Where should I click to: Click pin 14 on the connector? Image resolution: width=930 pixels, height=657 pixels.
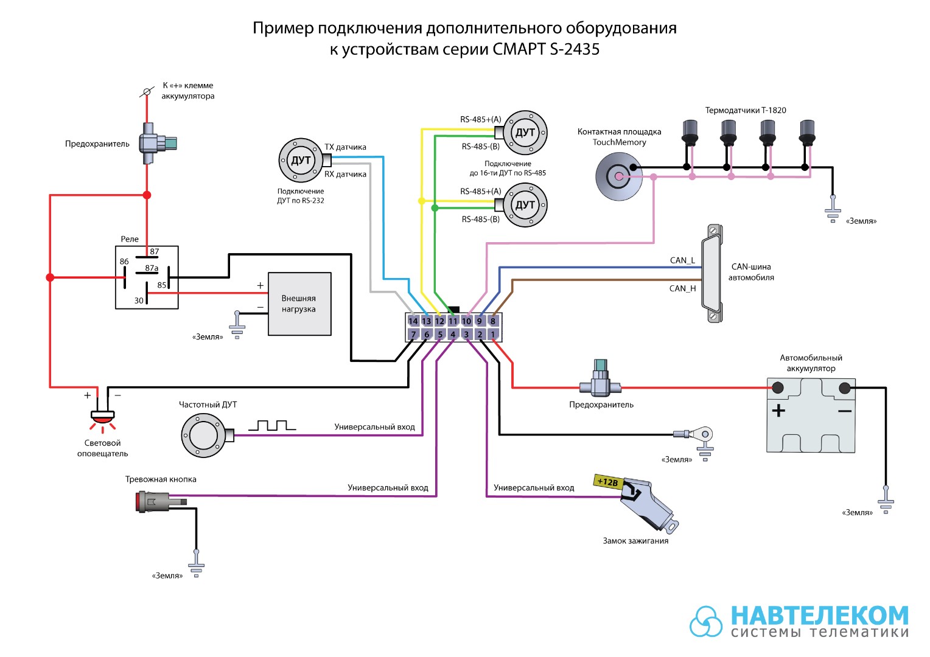[413, 321]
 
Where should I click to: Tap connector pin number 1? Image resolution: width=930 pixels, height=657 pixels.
[493, 334]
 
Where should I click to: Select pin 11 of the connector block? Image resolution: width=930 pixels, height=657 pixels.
[453, 321]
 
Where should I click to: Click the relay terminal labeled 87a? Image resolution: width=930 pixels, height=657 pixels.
[152, 268]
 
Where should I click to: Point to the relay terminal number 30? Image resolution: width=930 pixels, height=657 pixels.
[139, 301]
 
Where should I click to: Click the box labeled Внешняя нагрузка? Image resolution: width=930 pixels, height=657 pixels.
[299, 304]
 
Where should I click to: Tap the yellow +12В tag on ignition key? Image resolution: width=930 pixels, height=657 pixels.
[608, 482]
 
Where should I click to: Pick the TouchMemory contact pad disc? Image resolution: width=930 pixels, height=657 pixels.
[618, 176]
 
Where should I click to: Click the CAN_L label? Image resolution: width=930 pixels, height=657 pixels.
[682, 260]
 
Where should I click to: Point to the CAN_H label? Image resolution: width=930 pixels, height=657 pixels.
[682, 288]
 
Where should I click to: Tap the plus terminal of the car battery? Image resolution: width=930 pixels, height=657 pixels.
[778, 388]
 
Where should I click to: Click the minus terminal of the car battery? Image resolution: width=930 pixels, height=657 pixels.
[844, 388]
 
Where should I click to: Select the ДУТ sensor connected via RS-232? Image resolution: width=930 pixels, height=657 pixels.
[301, 160]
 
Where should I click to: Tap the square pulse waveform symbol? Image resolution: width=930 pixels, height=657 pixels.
[272, 425]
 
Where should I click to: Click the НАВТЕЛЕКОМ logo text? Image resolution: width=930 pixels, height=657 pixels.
[820, 615]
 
